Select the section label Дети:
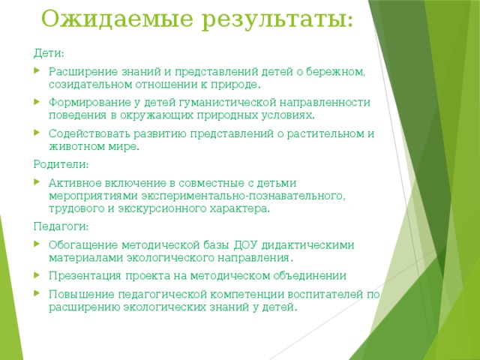[49, 54]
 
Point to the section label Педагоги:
[61, 226]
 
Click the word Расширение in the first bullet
[82, 72]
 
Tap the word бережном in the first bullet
[340, 72]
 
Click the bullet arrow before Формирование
[38, 103]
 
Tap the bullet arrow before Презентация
[38, 275]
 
